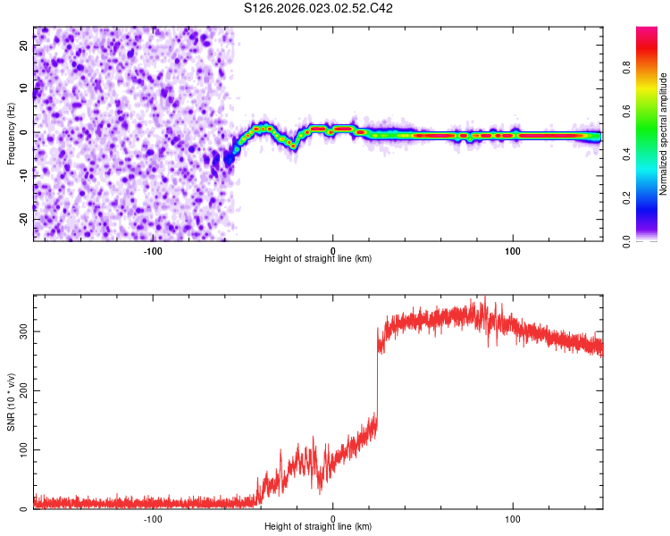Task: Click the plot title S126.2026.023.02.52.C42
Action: (x=319, y=8)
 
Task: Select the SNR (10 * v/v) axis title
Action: (x=11, y=403)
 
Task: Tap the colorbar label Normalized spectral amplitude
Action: (x=663, y=134)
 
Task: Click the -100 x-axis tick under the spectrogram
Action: (x=153, y=250)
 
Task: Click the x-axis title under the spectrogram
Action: (x=318, y=259)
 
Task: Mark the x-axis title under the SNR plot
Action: (x=318, y=527)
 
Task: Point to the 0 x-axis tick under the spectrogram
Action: (x=332, y=250)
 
